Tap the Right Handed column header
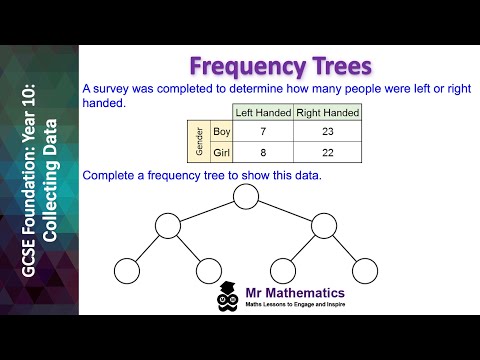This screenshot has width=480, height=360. (x=327, y=112)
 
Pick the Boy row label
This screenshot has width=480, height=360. (x=222, y=131)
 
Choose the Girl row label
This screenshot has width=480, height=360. (x=222, y=153)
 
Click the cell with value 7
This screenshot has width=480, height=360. (x=262, y=131)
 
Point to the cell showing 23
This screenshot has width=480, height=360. (x=327, y=131)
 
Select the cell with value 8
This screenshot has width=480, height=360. (x=262, y=153)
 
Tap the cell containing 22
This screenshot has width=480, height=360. (x=327, y=153)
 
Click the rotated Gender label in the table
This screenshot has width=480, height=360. (x=198, y=142)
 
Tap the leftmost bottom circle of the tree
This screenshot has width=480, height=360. (x=126, y=270)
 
